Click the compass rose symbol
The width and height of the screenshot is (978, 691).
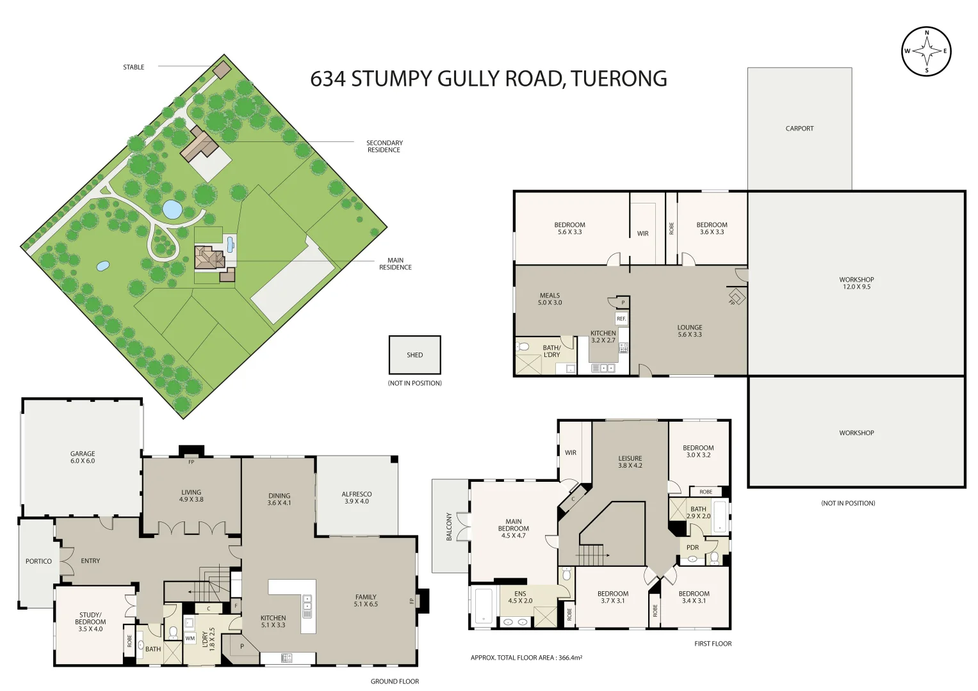[x=926, y=51]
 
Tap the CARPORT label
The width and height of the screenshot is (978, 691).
[x=799, y=129]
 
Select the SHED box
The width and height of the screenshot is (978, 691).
[x=414, y=355]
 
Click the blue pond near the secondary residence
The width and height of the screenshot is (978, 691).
[x=172, y=209]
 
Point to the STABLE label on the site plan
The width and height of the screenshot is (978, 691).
[x=134, y=67]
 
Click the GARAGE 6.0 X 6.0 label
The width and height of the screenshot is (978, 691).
[x=83, y=457]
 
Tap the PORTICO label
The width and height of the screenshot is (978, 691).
[x=38, y=561]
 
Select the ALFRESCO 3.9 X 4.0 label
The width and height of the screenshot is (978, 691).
[x=357, y=498]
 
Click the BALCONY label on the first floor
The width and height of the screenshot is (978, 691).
[x=449, y=527]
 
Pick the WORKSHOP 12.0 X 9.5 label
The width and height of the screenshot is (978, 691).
[x=856, y=283]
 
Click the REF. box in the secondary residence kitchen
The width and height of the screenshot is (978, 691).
[x=621, y=319]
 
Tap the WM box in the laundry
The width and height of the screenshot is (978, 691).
[x=190, y=639]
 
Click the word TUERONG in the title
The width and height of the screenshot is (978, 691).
[x=619, y=79]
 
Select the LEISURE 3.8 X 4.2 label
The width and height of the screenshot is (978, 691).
[x=630, y=462]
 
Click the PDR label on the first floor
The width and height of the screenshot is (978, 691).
[x=692, y=548]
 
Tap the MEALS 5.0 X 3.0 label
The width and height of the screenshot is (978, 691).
[x=550, y=299]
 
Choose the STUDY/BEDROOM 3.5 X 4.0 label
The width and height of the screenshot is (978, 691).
[x=90, y=622]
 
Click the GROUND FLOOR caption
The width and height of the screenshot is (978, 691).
[x=395, y=681]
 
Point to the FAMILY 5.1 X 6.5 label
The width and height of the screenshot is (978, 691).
[x=366, y=600]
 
